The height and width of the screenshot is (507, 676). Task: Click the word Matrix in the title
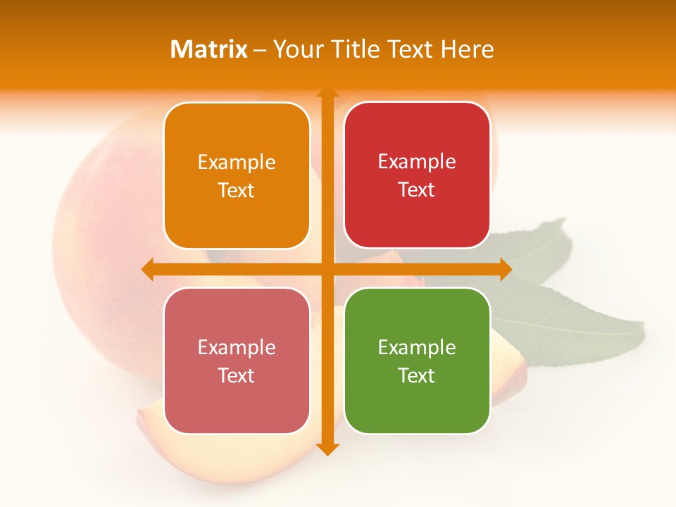coord(209,49)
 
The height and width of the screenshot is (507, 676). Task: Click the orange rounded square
coord(237,175)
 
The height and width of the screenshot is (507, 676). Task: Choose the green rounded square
coord(417,361)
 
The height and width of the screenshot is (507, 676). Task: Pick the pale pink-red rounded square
coord(237,361)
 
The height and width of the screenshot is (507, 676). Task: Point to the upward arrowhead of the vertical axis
coord(327,92)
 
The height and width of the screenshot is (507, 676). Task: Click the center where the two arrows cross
coord(327,270)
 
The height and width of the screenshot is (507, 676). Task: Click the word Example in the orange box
coord(237,163)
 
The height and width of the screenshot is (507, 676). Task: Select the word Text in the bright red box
coord(417,189)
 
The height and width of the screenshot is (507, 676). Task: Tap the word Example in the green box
coord(417,347)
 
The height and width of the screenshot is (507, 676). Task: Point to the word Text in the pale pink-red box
coord(237,375)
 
